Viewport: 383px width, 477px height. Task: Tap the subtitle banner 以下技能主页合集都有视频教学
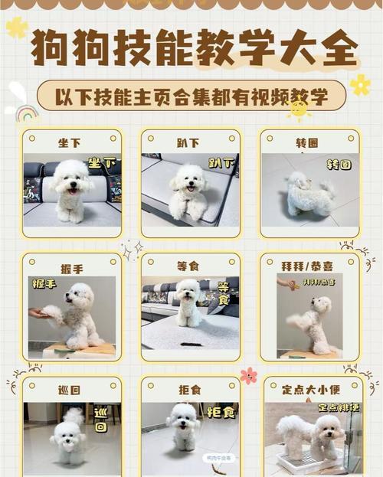pos(191,96)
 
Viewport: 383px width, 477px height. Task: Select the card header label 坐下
pos(70,142)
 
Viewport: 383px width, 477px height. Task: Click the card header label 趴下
pos(189,142)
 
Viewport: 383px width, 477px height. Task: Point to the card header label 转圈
pos(309,142)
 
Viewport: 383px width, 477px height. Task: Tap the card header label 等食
pos(189,266)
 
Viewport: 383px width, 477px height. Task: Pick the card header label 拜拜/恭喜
pos(309,266)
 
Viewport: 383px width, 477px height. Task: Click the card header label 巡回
pos(70,390)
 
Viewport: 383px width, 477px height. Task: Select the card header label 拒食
pos(189,390)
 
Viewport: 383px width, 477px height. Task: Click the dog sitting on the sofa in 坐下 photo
pos(71,188)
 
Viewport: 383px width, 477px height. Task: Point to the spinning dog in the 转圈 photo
pos(308,195)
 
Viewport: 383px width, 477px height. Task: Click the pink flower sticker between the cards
pos(248,375)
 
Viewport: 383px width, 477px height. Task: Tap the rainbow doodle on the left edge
pos(26,114)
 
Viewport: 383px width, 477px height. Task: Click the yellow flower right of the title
pos(359,84)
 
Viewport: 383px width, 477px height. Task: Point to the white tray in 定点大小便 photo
pos(306,463)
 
